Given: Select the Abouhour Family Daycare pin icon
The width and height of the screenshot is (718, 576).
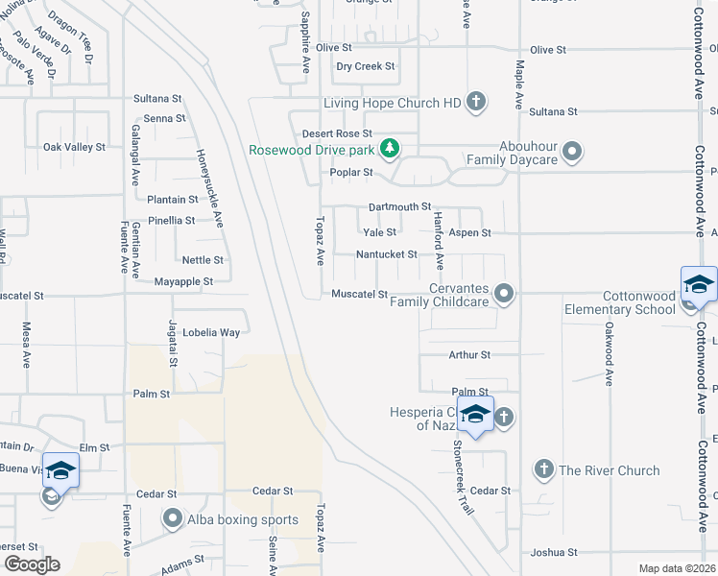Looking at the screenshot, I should (573, 152).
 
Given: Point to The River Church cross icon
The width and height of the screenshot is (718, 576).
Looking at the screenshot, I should (543, 469).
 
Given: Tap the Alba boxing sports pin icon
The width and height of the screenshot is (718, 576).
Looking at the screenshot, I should (173, 519).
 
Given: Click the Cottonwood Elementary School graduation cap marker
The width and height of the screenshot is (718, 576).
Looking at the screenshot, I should (698, 285).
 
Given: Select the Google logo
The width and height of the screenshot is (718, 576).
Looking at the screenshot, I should (33, 564).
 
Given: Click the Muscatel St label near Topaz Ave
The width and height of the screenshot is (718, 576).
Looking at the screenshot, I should (359, 294).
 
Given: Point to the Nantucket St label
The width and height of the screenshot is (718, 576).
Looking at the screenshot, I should (386, 254).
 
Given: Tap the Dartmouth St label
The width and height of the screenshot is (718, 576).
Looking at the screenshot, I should (400, 206).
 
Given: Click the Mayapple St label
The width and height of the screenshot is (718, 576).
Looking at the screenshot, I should (183, 281).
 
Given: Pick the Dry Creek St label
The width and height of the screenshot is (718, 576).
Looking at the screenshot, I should (366, 66).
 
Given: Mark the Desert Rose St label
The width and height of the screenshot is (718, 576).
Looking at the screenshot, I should (336, 133).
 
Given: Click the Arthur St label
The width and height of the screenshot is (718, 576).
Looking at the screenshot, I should (469, 354).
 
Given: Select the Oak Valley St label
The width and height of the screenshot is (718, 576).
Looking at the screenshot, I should (74, 147).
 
